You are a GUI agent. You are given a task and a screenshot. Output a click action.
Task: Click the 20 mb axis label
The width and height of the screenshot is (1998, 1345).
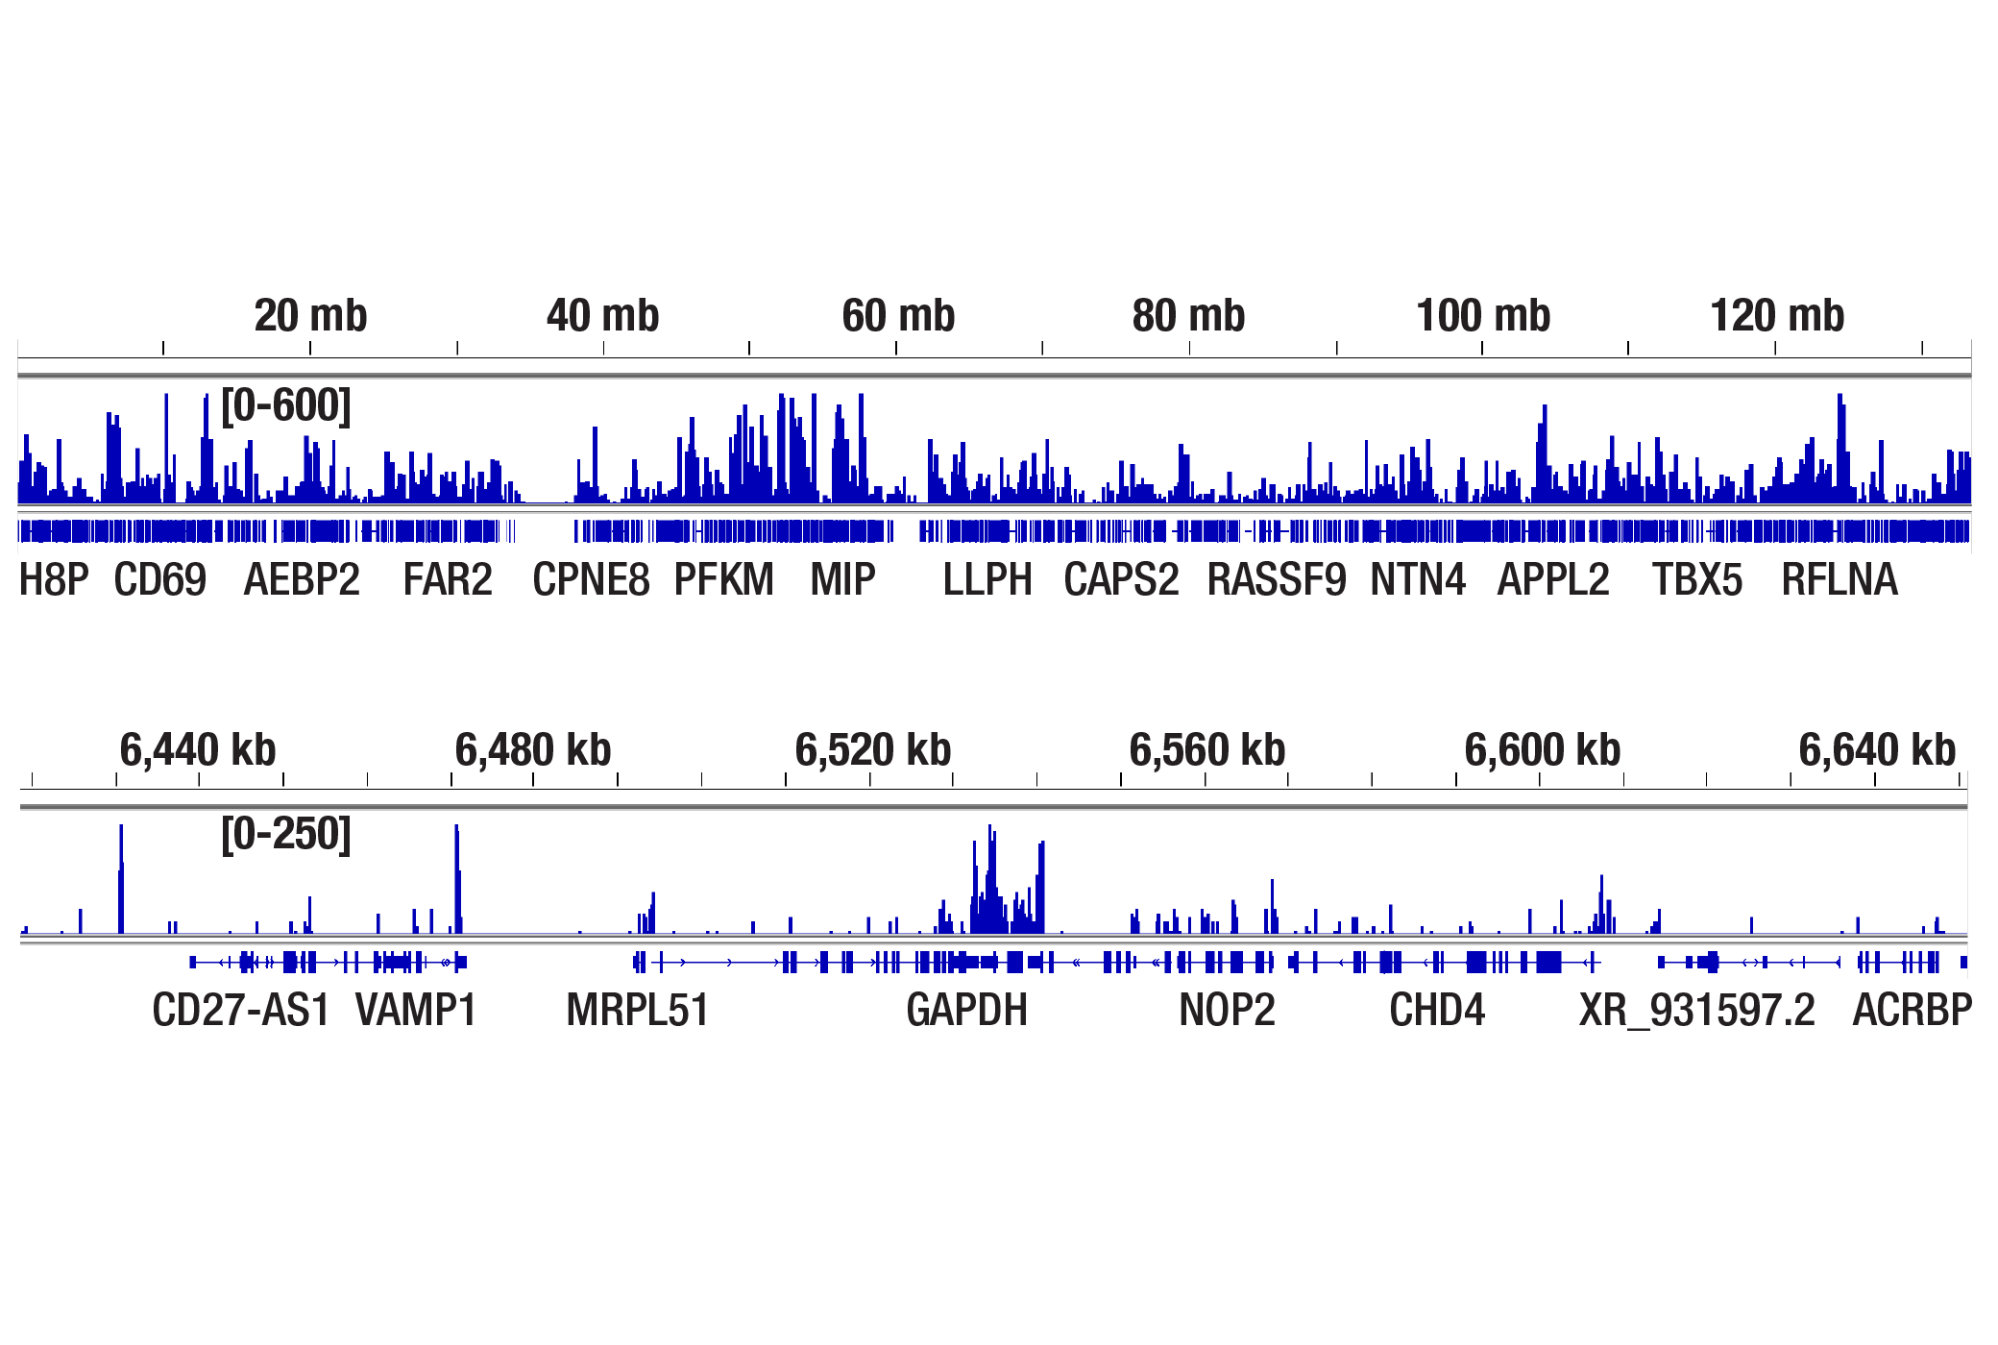pos(310,316)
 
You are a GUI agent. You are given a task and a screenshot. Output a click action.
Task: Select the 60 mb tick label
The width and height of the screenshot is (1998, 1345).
pos(898,316)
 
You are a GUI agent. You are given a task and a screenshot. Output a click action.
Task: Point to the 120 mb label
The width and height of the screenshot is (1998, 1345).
pos(1777,316)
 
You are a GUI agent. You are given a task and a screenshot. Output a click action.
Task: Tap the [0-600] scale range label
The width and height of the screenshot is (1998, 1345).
pos(286,405)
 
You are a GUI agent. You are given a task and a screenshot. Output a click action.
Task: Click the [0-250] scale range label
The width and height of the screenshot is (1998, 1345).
pos(286,834)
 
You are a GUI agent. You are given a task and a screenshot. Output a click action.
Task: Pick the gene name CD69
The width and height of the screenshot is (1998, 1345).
pos(159,580)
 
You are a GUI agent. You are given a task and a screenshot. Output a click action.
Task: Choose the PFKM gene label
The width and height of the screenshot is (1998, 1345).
pos(723,580)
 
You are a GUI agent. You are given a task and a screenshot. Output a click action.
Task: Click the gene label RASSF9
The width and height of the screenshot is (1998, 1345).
pos(1276,580)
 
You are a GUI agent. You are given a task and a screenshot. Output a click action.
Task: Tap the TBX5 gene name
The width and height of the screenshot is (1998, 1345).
pos(1696,580)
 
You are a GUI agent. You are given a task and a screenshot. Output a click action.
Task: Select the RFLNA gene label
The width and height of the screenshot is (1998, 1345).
pos(1840,580)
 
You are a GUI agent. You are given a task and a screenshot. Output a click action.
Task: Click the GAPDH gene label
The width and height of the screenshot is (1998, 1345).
pos(966,1011)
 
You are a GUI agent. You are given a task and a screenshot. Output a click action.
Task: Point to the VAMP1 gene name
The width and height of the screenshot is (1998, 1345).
pos(416,1011)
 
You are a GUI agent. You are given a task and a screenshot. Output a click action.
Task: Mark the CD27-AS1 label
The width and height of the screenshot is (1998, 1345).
pos(241,1011)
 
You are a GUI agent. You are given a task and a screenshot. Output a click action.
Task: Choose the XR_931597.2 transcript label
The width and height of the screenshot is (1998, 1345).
pos(1697,1011)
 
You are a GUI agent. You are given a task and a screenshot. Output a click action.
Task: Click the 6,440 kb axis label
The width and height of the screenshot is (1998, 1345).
pos(198,750)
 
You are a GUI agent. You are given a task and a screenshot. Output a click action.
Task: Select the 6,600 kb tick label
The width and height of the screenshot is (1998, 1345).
pos(1543,750)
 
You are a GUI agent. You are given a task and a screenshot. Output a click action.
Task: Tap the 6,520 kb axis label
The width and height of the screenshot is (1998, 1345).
pos(873,750)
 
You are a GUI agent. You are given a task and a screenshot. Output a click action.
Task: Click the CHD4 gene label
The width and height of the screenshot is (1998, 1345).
pos(1437,1011)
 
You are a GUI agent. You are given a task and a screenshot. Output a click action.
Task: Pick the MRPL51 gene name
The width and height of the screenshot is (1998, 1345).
pos(638,1011)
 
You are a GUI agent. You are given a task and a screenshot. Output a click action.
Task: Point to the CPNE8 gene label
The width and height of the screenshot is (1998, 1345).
pos(591,580)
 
